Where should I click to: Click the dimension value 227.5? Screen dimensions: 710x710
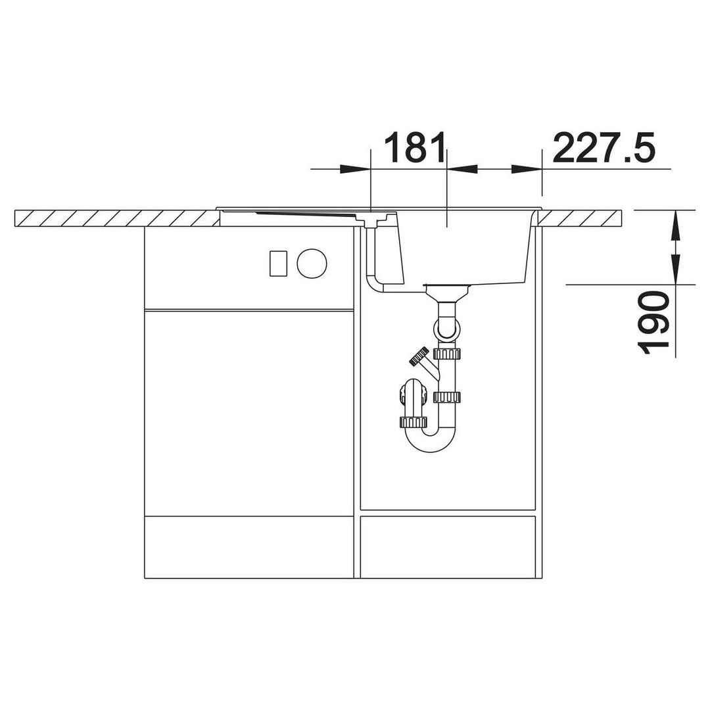pyautogui.click(x=604, y=148)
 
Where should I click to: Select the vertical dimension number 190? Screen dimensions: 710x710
pyautogui.click(x=653, y=323)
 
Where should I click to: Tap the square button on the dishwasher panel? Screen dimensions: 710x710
pyautogui.click(x=278, y=263)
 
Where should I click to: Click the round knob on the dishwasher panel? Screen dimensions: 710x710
pyautogui.click(x=312, y=262)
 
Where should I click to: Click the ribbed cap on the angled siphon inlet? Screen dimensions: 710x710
pyautogui.click(x=419, y=356)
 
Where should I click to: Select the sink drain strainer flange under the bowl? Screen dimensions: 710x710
pyautogui.click(x=447, y=287)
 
